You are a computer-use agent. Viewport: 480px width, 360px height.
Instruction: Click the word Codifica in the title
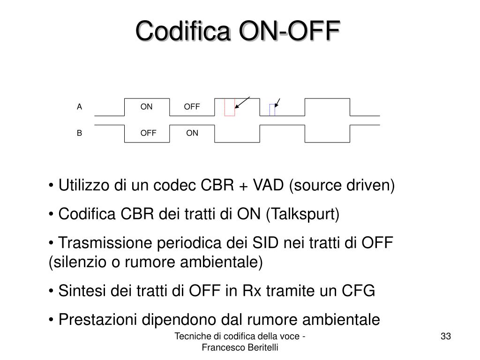click(x=185, y=32)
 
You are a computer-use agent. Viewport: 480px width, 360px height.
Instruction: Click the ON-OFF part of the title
click(x=289, y=32)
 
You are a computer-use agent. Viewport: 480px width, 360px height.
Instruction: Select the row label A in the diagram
click(x=80, y=107)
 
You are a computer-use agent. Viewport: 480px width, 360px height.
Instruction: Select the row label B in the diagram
click(x=80, y=133)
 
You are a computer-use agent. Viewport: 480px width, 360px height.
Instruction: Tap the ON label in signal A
click(x=147, y=107)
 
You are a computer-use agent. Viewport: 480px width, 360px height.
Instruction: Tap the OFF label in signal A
click(x=192, y=107)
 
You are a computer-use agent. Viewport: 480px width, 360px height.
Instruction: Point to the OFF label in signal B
click(x=148, y=133)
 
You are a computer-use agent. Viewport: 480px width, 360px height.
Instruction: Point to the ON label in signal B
click(x=192, y=133)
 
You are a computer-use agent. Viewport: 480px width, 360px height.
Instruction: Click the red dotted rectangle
click(x=229, y=107)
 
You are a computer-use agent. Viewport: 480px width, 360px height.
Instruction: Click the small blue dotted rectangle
click(x=272, y=110)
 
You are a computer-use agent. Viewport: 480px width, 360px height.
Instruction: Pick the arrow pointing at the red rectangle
click(x=242, y=102)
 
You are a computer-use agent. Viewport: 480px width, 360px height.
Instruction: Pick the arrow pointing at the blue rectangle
click(x=277, y=103)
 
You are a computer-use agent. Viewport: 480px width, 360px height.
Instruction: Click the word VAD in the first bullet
click(x=268, y=186)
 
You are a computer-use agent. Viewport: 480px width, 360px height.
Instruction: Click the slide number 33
click(x=445, y=336)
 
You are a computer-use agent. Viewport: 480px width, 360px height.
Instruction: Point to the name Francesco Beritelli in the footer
click(x=240, y=347)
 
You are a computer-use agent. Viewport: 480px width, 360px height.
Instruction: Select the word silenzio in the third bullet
click(x=78, y=262)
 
